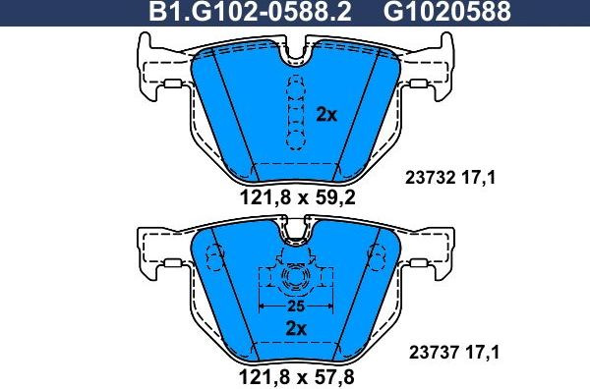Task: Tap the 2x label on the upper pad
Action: click(326, 114)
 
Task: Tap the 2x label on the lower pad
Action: click(295, 327)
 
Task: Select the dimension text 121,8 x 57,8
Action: click(295, 375)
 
